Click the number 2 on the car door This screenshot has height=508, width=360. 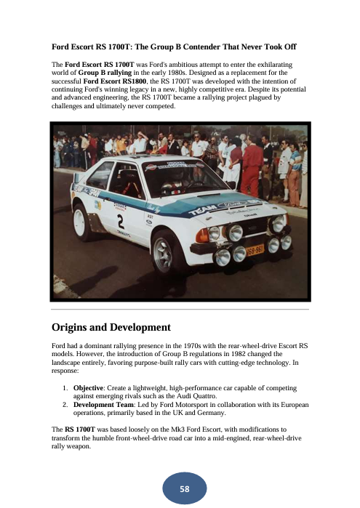pos(120,220)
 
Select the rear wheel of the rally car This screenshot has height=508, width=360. pos(82,223)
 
